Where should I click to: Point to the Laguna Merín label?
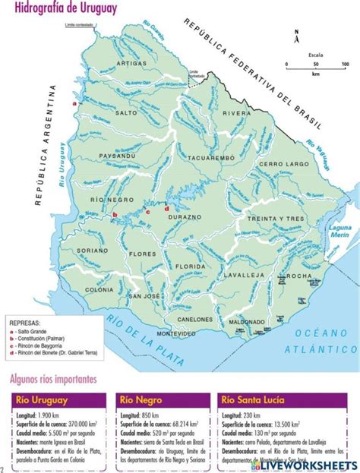click(x=339, y=231)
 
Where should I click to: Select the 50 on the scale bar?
click(x=314, y=65)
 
